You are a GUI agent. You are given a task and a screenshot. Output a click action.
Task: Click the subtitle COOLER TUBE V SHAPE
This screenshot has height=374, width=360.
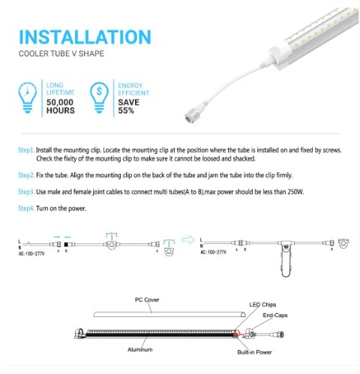61,55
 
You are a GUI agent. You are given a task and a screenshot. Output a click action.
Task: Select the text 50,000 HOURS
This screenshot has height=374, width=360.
61,106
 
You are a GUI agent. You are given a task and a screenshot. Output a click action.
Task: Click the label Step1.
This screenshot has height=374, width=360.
27,150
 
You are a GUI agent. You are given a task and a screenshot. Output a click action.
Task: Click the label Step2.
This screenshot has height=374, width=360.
27,174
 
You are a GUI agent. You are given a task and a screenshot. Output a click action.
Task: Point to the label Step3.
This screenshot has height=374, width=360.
27,192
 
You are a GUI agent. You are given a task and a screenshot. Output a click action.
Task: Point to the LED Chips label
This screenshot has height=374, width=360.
262,304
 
